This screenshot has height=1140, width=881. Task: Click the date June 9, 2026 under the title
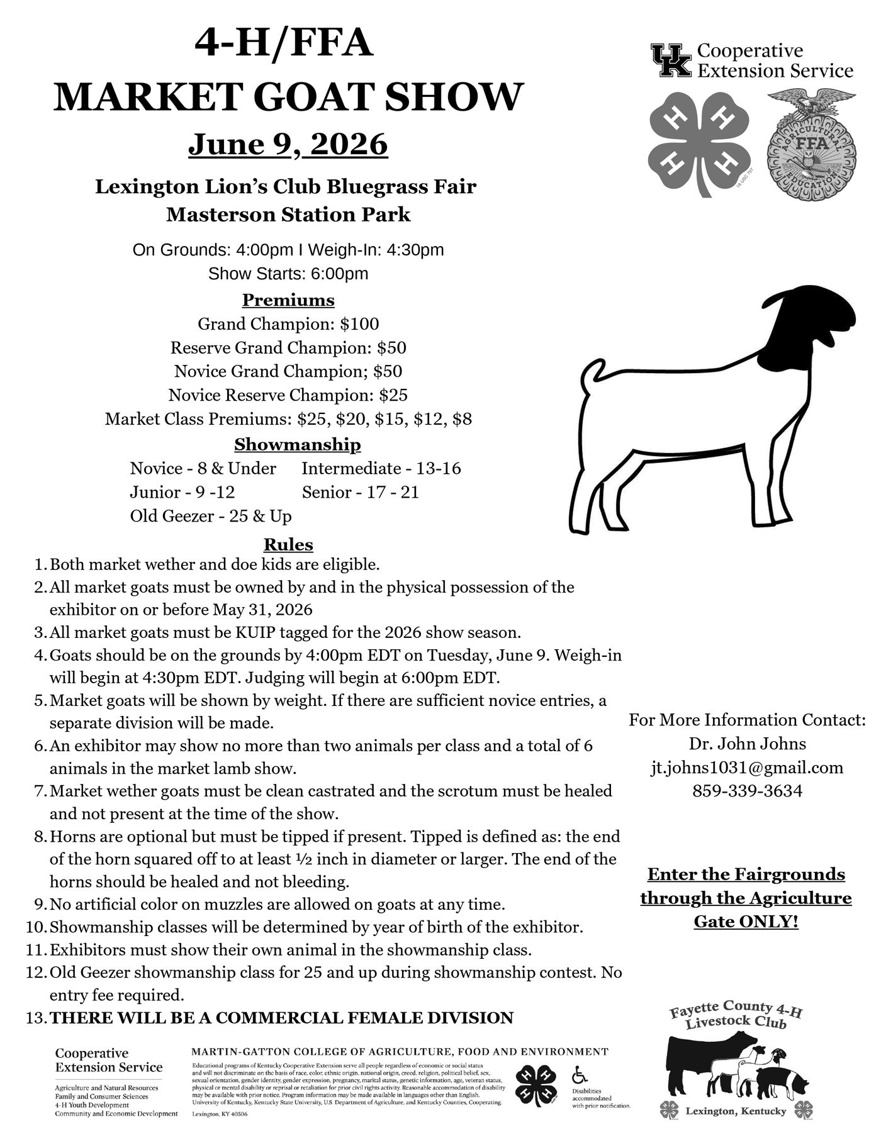point(288,144)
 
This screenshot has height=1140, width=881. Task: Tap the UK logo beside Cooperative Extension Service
point(671,60)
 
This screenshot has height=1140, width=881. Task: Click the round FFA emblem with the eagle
point(809,146)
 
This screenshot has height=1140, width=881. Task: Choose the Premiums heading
point(288,300)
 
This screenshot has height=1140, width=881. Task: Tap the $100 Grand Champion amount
point(359,324)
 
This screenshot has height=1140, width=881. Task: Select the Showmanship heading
point(298,445)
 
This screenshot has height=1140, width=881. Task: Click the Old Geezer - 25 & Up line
point(211,517)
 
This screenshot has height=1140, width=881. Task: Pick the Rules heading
point(288,544)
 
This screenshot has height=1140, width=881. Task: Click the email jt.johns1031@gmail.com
point(747,768)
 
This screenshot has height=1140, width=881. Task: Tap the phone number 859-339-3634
point(747,791)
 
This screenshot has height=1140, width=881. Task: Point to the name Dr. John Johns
point(747,744)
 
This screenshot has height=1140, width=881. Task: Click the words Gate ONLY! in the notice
point(746,922)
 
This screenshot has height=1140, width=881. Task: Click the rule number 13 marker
point(35,1018)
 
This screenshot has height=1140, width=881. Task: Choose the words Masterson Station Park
point(288,215)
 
